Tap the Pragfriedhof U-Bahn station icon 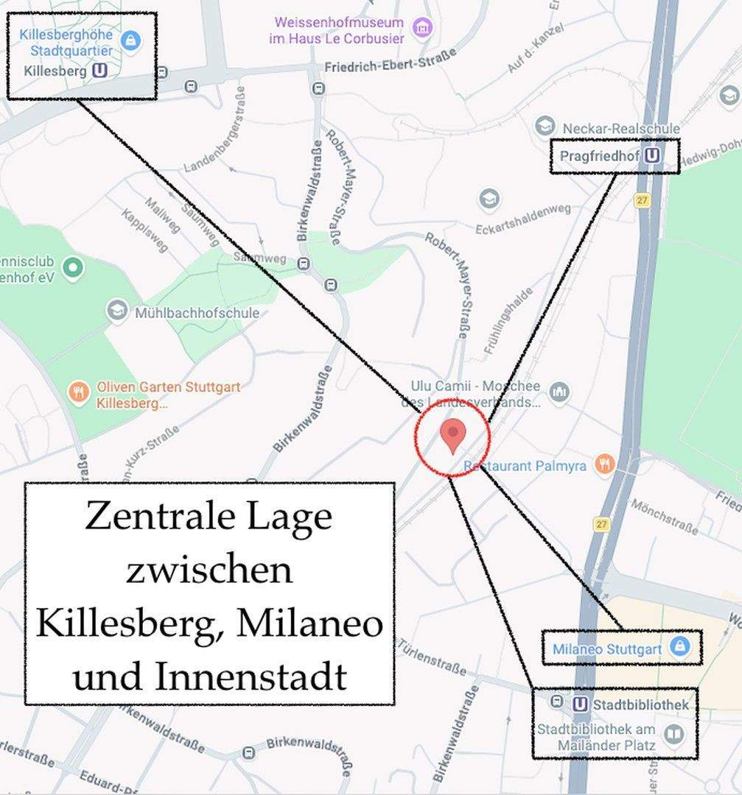coord(651,156)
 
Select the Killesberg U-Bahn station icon coord(100,71)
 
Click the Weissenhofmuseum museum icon coord(423,29)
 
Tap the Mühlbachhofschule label coord(197,313)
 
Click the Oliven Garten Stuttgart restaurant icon coord(78,391)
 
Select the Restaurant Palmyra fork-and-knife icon coord(605,464)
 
